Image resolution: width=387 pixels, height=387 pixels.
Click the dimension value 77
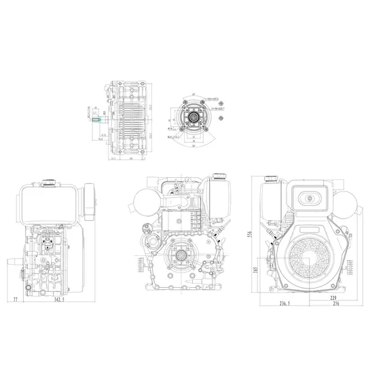(x=15, y=299)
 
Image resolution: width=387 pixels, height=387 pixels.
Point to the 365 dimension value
(x=256, y=270)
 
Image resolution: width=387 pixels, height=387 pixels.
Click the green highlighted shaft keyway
(x=96, y=120)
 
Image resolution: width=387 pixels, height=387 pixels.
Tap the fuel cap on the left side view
(x=48, y=182)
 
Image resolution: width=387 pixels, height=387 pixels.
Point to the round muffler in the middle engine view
(x=148, y=203)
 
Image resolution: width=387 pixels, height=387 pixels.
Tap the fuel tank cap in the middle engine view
(x=219, y=176)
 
